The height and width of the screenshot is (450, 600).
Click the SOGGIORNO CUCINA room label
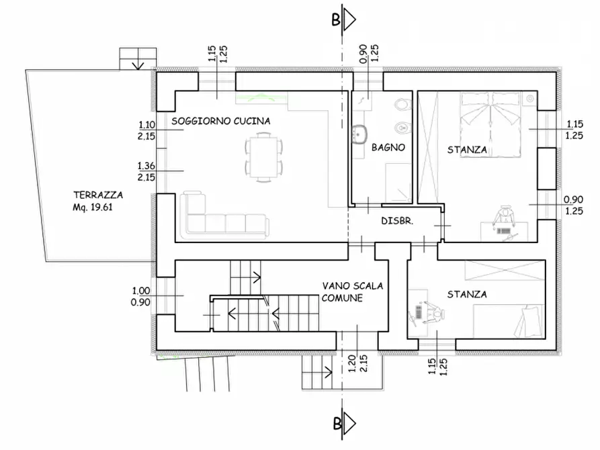click(x=220, y=122)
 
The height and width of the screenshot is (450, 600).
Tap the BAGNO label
click(x=388, y=148)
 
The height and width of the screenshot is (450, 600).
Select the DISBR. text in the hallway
click(x=397, y=221)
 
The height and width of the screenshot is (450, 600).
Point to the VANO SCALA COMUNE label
click(x=351, y=291)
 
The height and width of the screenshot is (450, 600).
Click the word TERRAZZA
click(x=98, y=195)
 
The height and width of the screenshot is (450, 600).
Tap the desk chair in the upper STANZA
click(x=501, y=216)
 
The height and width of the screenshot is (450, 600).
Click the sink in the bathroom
click(x=359, y=132)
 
